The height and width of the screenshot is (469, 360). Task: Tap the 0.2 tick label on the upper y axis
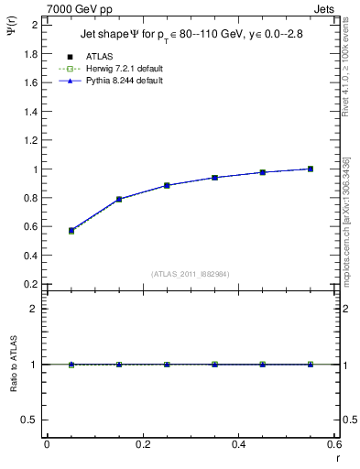click(x=31, y=284)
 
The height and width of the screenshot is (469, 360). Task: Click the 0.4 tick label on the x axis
click(x=238, y=444)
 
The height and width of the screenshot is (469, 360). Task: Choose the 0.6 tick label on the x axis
click(x=334, y=444)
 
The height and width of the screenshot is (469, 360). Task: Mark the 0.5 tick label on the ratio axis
click(x=31, y=420)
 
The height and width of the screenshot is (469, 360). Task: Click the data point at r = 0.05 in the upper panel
click(x=71, y=231)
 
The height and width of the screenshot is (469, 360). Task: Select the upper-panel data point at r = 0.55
click(x=311, y=169)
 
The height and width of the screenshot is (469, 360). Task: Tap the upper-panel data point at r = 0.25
click(x=167, y=185)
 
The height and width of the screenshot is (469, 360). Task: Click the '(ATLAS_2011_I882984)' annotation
click(x=190, y=274)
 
